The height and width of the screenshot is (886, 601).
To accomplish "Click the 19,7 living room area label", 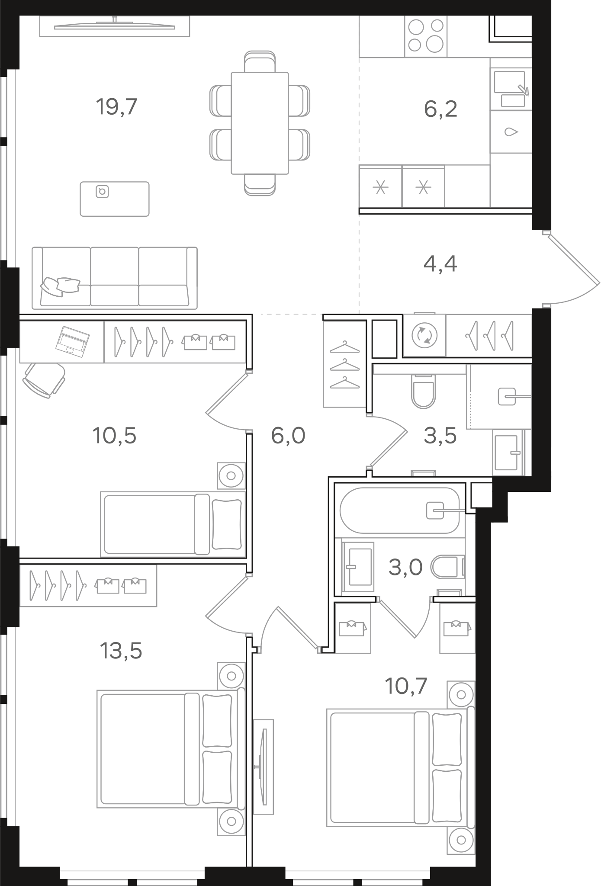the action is click(x=116, y=107).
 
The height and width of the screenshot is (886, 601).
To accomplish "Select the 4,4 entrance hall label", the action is click(x=440, y=263).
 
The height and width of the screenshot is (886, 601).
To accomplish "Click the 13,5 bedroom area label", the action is click(x=121, y=650).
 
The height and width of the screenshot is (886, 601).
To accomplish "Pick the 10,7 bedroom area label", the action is click(x=406, y=686).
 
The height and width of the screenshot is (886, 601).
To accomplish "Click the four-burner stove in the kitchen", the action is click(x=426, y=36).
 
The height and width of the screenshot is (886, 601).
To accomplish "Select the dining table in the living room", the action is click(x=260, y=123).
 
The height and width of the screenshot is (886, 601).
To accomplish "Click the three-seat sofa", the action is click(x=115, y=278).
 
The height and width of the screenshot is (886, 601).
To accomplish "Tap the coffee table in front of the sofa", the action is click(x=115, y=199).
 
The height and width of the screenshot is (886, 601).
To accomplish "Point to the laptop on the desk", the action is click(x=72, y=342).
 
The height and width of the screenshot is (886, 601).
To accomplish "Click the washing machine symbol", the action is click(x=424, y=335).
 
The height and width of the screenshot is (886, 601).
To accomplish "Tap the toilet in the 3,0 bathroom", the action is click(x=448, y=566).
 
